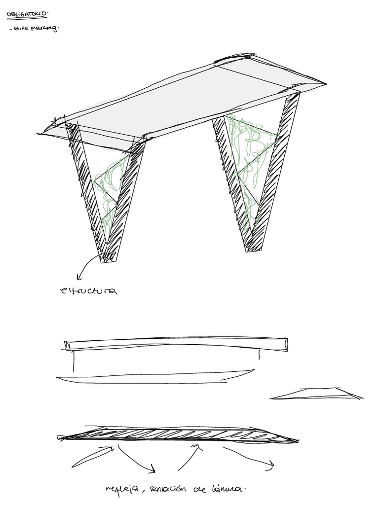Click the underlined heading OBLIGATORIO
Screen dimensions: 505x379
pos(20,15)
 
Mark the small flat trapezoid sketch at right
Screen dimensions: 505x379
pos(318,394)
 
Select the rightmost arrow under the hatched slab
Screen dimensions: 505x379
pos(249,456)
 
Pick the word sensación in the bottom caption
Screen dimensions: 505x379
pos(160,489)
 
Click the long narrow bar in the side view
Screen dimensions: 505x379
pos(175,344)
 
